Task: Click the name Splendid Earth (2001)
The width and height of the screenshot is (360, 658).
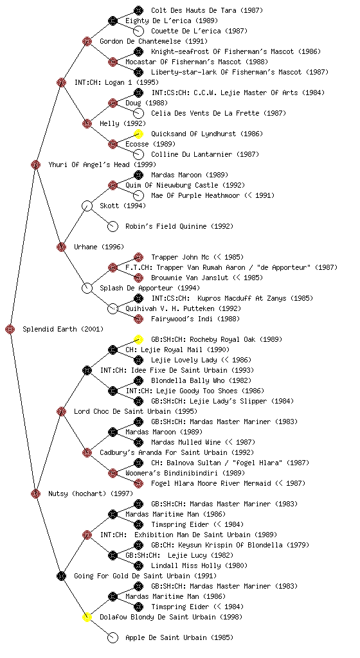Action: point(63,329)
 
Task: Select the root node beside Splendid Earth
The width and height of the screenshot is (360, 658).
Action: point(10,330)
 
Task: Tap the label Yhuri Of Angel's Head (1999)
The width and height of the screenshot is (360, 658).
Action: point(102,164)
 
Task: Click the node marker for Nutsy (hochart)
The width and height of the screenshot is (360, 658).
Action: point(35,494)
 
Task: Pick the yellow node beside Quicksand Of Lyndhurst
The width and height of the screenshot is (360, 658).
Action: point(138,134)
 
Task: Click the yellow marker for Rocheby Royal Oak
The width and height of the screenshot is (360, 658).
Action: point(138,339)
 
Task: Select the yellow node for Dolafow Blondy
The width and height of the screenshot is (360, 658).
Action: point(87,618)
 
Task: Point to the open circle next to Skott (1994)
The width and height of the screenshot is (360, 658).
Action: point(87,206)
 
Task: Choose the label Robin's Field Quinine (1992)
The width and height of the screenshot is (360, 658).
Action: point(179,226)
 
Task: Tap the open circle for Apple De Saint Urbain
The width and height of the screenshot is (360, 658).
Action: point(113,638)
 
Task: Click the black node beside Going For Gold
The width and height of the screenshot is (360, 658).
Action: point(61,576)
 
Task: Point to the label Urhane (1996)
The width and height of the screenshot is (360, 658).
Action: point(99,247)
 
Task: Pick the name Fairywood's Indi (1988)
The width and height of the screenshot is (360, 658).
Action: point(195,319)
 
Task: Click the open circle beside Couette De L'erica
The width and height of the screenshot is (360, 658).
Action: point(138,31)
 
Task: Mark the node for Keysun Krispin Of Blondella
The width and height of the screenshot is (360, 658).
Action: point(138,545)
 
